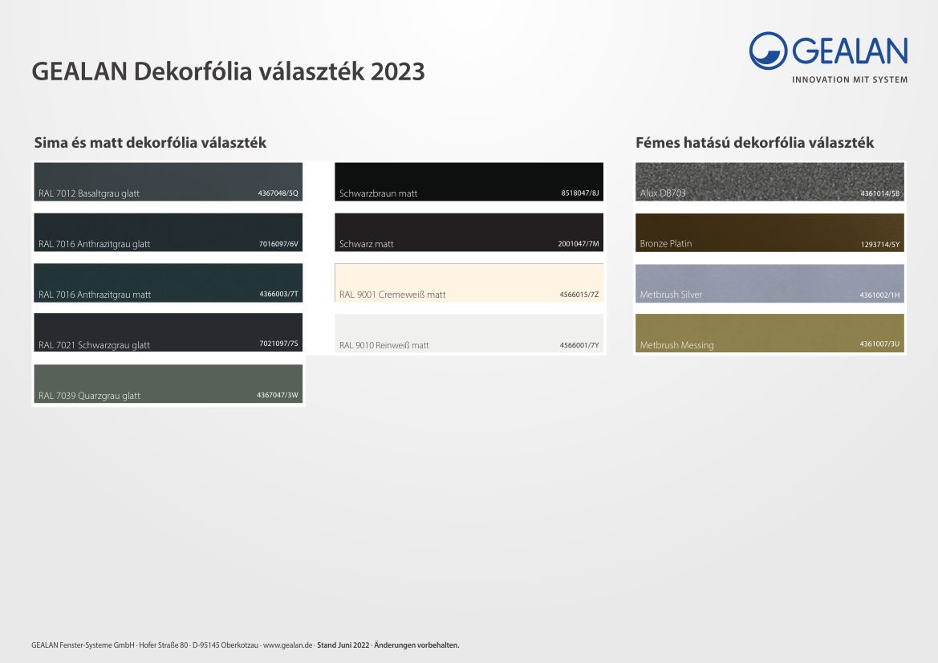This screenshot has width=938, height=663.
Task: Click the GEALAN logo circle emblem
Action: click(x=768, y=51)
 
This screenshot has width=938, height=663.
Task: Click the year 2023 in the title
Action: click(x=398, y=71)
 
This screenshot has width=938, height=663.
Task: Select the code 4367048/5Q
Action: click(x=278, y=193)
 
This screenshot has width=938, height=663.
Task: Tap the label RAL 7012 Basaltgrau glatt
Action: click(x=88, y=193)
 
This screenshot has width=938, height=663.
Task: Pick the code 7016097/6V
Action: click(x=278, y=244)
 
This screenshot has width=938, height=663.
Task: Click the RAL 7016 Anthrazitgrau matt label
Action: click(x=95, y=295)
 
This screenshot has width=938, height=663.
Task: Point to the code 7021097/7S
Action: click(x=278, y=344)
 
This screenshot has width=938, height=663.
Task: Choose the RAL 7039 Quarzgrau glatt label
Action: click(x=89, y=396)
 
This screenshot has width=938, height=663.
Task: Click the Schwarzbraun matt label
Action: click(x=378, y=193)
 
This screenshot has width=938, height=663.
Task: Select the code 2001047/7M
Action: click(x=579, y=244)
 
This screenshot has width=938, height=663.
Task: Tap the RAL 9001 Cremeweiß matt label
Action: click(x=392, y=295)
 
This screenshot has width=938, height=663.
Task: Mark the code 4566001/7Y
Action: click(x=579, y=345)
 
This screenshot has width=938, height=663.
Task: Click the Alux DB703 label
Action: click(x=663, y=193)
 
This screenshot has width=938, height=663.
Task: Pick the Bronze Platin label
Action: click(x=666, y=244)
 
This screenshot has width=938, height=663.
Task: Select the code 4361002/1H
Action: click(x=879, y=295)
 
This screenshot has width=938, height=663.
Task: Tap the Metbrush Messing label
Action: click(x=676, y=345)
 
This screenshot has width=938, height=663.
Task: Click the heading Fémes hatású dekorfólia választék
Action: click(x=754, y=143)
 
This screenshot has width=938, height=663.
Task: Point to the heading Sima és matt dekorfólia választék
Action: click(x=150, y=143)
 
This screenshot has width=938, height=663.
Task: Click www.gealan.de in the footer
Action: click(x=287, y=645)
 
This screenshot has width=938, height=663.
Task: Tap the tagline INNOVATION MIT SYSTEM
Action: click(x=850, y=79)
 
